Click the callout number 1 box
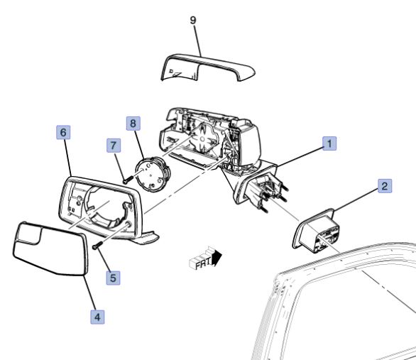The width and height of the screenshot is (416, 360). [329, 143]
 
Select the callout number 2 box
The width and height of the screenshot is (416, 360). [385, 186]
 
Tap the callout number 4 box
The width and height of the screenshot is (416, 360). [97, 317]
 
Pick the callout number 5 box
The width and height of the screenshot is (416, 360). [113, 278]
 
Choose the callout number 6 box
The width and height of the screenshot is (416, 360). [63, 132]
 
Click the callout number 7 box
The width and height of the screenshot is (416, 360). [114, 146]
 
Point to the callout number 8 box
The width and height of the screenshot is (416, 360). [133, 123]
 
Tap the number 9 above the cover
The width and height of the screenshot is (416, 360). [193, 20]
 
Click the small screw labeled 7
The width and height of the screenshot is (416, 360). [127, 180]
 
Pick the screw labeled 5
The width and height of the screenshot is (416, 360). [97, 245]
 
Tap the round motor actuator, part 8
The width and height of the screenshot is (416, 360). [153, 173]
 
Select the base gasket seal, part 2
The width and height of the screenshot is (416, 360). [316, 230]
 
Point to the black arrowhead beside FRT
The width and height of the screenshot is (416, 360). [217, 258]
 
